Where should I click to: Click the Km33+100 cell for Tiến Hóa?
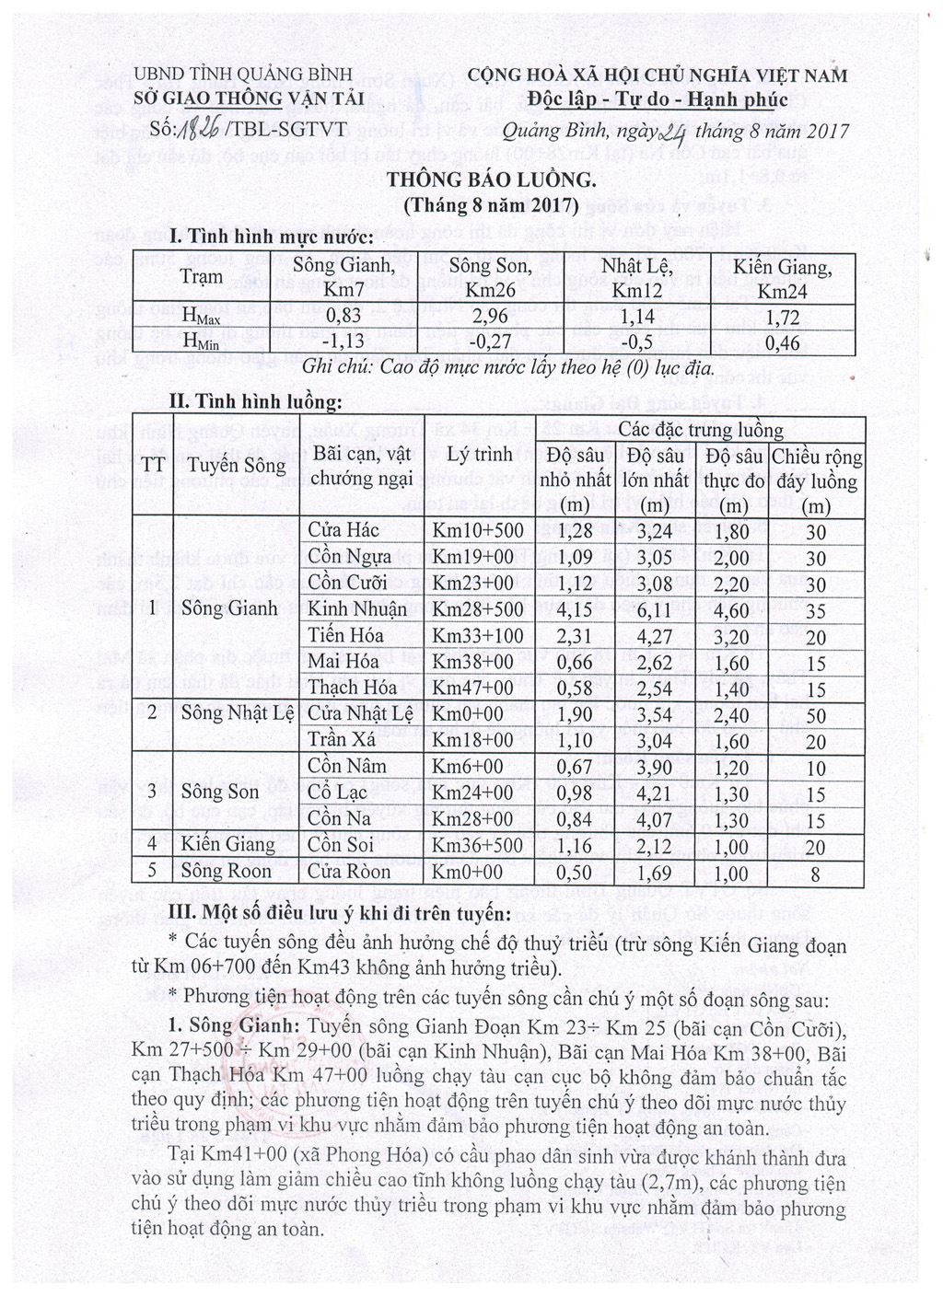[478, 636]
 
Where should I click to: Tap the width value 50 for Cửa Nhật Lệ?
[815, 715]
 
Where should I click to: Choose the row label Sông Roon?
[227, 872]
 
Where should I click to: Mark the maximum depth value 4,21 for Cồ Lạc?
[655, 793]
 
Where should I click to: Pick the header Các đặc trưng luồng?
[700, 430]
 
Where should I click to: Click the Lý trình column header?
[479, 454]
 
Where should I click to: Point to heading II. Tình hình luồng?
[255, 401]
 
